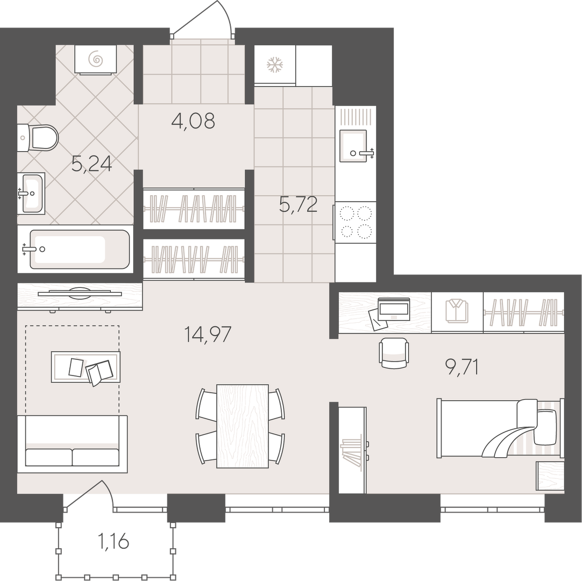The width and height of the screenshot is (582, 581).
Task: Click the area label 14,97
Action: tap(208, 334)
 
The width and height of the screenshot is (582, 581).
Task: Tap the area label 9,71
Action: tap(462, 367)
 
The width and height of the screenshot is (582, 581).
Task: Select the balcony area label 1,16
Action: tap(113, 542)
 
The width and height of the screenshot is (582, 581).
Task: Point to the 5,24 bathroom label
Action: tap(91, 164)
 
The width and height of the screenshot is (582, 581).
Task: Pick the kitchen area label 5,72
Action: tap(299, 204)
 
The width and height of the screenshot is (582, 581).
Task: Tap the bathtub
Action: tap(75, 249)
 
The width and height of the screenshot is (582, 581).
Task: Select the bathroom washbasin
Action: tap(31, 194)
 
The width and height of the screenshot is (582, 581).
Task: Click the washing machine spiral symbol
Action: tap(96, 59)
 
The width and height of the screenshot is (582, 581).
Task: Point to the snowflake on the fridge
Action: tap(275, 65)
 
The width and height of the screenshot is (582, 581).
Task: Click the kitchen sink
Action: tap(354, 146)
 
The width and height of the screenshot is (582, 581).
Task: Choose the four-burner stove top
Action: tap(356, 222)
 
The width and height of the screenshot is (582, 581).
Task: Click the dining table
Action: tap(243, 426)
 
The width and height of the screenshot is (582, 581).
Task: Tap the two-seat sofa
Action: tap(73, 444)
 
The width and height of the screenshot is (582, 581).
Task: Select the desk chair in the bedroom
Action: tap(394, 353)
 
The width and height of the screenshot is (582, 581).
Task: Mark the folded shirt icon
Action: tap(457, 311)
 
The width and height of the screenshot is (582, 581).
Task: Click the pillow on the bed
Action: tap(545, 427)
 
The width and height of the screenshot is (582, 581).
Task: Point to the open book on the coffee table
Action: tap(99, 372)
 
